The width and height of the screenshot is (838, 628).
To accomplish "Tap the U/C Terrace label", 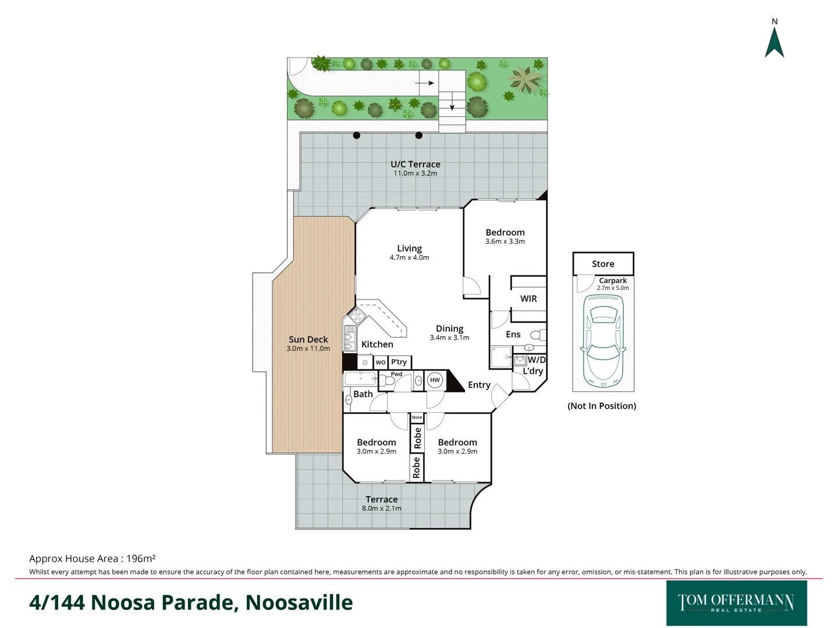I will pyautogui.click(x=415, y=165).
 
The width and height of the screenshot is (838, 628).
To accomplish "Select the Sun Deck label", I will pyautogui.click(x=308, y=340).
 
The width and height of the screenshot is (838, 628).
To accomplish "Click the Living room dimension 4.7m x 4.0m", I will pyautogui.click(x=409, y=258).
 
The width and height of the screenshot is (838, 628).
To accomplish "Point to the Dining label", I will pyautogui.click(x=449, y=329).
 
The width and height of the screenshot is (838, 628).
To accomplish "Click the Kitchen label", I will pyautogui.click(x=377, y=344).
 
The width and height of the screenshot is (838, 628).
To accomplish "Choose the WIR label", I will pyautogui.click(x=528, y=298).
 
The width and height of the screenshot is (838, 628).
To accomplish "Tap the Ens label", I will pyautogui.click(x=513, y=334).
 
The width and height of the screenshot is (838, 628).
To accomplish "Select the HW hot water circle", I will pyautogui.click(x=435, y=380).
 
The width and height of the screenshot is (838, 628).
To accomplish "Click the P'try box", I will pyautogui.click(x=399, y=362).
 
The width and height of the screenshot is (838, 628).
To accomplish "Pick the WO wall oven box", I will pyautogui.click(x=380, y=362).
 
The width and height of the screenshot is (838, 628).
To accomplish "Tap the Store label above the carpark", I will pyautogui.click(x=603, y=264).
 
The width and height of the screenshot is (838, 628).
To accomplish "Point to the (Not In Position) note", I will pyautogui.click(x=602, y=406).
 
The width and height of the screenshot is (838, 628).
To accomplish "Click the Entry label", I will pyautogui.click(x=479, y=385).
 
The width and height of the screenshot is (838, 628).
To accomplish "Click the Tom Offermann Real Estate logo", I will pyautogui.click(x=736, y=603).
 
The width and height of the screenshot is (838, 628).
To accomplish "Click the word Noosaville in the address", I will pyautogui.click(x=299, y=602).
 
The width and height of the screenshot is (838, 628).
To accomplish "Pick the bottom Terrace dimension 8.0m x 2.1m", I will pyautogui.click(x=381, y=508).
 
